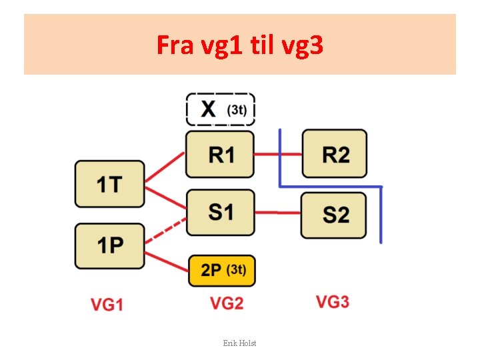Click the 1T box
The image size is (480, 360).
click(109, 184)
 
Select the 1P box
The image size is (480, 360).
click(109, 246)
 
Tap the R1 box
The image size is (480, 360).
click(220, 155)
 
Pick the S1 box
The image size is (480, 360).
click(220, 213)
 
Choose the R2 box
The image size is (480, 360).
click(335, 154)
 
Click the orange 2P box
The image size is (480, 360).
click(221, 271)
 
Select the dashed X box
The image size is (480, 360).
click(220, 109)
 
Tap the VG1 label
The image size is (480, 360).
click(107, 305)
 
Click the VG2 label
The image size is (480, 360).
click(227, 303)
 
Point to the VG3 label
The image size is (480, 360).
click(332, 302)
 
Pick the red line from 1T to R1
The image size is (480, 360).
click(165, 167)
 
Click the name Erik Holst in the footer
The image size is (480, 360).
click(239, 343)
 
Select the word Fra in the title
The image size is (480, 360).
click(175, 45)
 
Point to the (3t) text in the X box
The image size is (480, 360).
click(237, 109)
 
